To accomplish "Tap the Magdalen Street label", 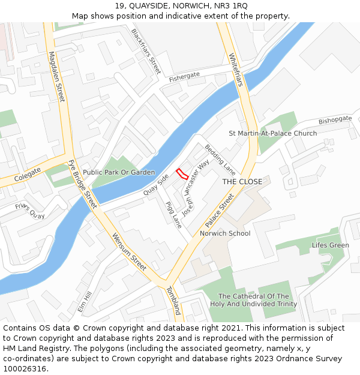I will click(56, 76).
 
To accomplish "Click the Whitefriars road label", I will click(236, 70).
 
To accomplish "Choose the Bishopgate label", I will click(335, 120).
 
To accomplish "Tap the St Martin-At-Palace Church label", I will click(273, 133).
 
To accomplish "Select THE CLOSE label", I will click(242, 181).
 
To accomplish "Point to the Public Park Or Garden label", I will click(119, 172).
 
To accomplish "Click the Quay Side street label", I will click(156, 185).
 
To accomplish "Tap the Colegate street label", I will click(28, 175).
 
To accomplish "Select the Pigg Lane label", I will click(173, 215).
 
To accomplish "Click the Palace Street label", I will click(219, 210).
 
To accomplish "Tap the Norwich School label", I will click(225, 233).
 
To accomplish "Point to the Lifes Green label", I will click(330, 245).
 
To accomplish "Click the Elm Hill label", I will click(85, 301).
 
